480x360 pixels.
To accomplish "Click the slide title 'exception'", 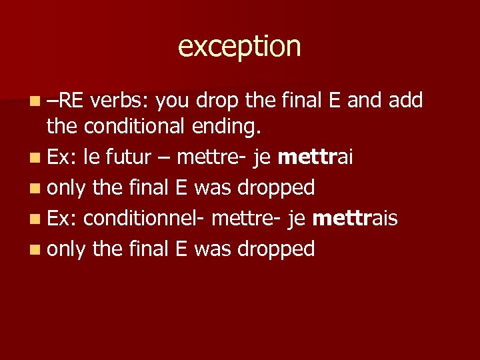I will pos(239,47).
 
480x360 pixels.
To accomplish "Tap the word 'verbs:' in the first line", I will pos(122,101).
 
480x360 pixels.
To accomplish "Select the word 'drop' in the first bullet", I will pos(218,101).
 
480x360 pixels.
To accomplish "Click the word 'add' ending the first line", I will pos(404,101).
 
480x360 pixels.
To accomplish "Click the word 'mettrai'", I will pos(315,157).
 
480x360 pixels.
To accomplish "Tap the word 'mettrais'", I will pos(355,218).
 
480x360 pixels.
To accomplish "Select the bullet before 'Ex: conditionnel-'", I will pos(35,219).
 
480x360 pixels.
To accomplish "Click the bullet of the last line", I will pos(35,250).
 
